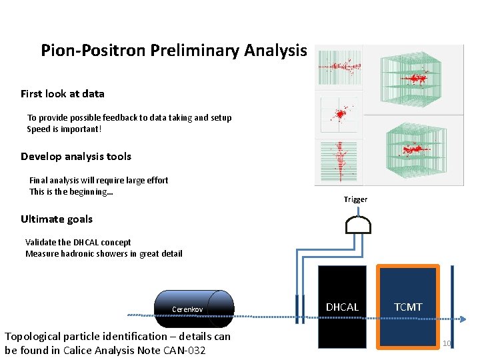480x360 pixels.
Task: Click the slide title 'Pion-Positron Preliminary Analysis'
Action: (174, 51)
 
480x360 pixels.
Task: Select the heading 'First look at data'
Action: (62, 94)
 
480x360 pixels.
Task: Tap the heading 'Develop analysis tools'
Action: (76, 157)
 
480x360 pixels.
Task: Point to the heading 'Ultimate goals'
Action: (57, 219)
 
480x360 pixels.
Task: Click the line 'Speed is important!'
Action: (64, 129)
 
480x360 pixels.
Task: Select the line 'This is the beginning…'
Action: (71, 191)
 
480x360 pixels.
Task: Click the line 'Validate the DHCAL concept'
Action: (78, 243)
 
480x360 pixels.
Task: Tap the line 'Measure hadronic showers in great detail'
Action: (103, 253)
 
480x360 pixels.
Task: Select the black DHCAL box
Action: (342, 307)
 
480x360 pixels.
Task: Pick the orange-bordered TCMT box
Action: (408, 307)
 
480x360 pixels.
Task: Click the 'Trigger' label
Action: (355, 199)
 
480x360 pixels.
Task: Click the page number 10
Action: (447, 344)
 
